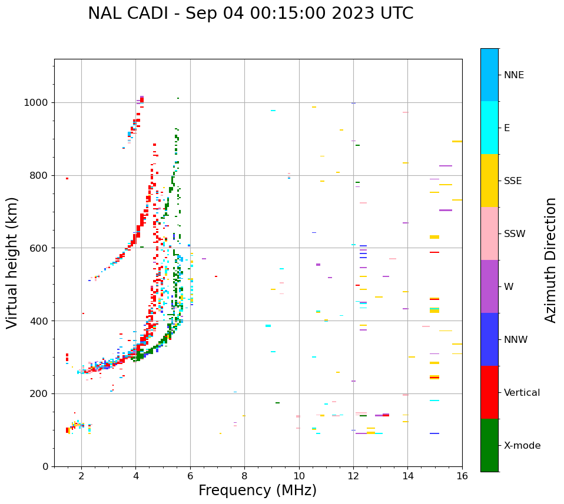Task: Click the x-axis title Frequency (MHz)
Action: [x=257, y=490]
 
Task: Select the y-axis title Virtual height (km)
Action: [x=12, y=263]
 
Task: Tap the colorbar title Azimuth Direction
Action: [x=550, y=260]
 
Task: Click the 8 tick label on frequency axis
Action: [x=244, y=476]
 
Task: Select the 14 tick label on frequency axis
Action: [x=407, y=476]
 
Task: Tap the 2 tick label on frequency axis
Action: [x=81, y=476]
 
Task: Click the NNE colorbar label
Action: [x=513, y=75]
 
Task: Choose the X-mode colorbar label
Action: [x=522, y=446]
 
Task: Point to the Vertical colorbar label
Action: [x=522, y=393]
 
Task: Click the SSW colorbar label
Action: [x=515, y=234]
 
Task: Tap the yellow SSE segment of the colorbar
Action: [x=489, y=181]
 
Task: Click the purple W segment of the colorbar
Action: [x=489, y=286]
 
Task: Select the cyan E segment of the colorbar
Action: [x=489, y=128]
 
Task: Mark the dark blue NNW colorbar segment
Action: [x=489, y=339]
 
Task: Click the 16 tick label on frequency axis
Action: [x=462, y=476]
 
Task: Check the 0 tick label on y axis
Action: [x=45, y=466]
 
